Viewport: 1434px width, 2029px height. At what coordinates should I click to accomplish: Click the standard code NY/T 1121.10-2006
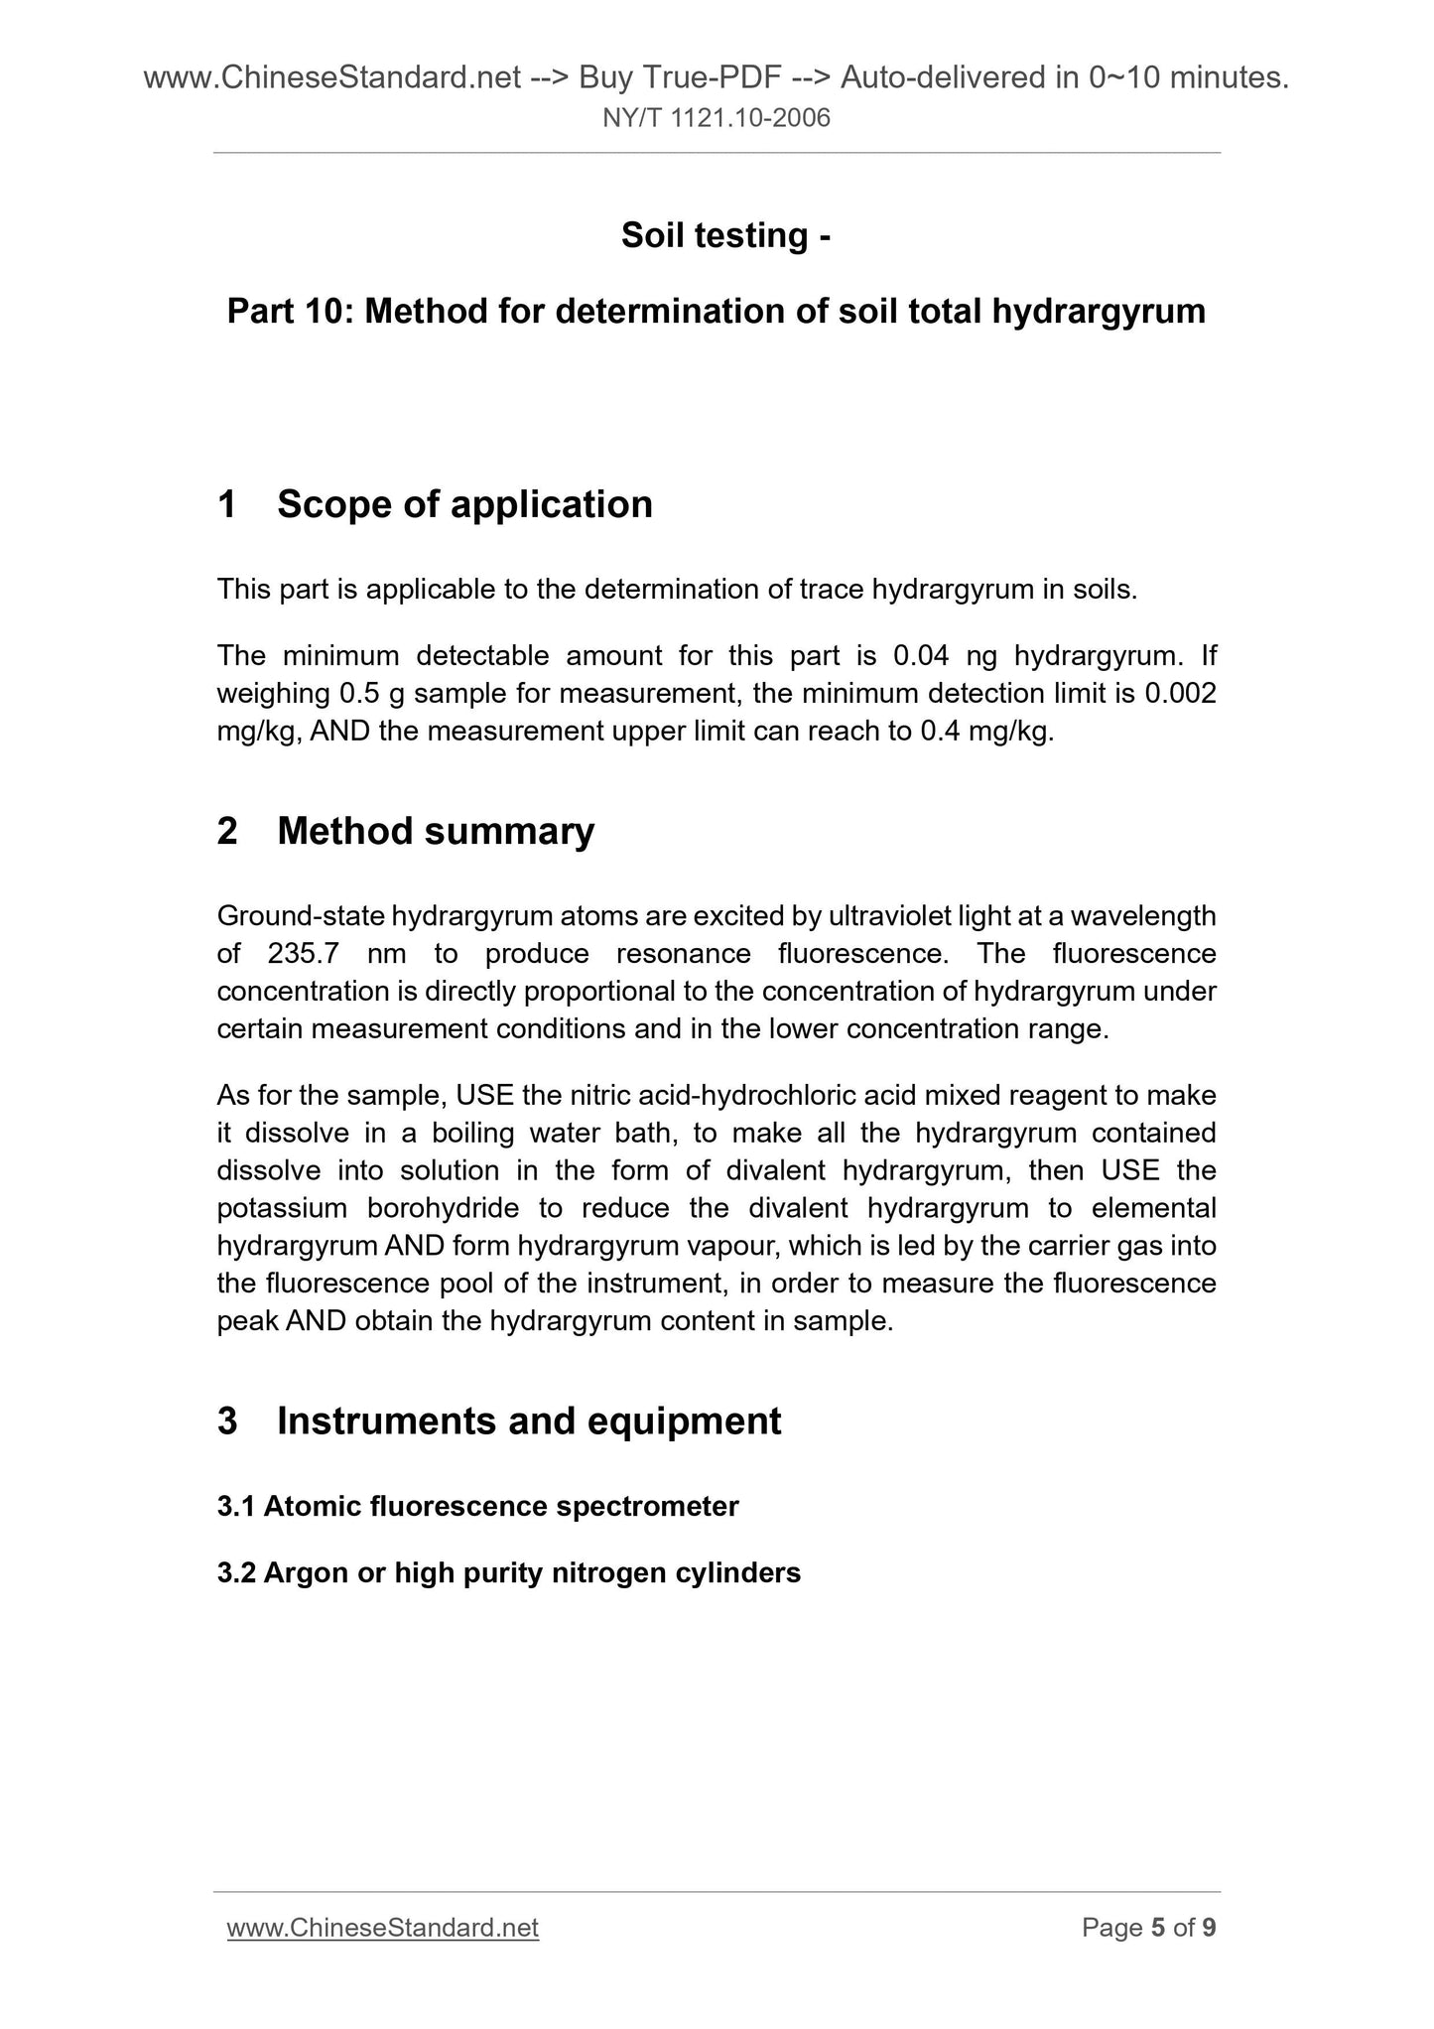(x=717, y=119)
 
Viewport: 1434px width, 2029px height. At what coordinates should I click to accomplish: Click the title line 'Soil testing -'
(x=725, y=235)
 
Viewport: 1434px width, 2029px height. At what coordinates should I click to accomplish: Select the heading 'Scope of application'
(x=464, y=504)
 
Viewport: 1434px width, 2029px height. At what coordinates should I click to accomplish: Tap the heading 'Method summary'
(x=436, y=831)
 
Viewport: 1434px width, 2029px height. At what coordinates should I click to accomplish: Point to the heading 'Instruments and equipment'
(x=529, y=1420)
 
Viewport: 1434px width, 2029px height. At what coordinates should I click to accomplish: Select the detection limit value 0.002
(x=1180, y=693)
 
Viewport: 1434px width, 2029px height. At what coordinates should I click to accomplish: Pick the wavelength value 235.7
(x=305, y=953)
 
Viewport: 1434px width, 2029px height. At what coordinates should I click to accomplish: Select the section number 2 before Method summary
(x=227, y=831)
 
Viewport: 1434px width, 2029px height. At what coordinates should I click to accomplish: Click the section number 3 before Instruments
(x=227, y=1420)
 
